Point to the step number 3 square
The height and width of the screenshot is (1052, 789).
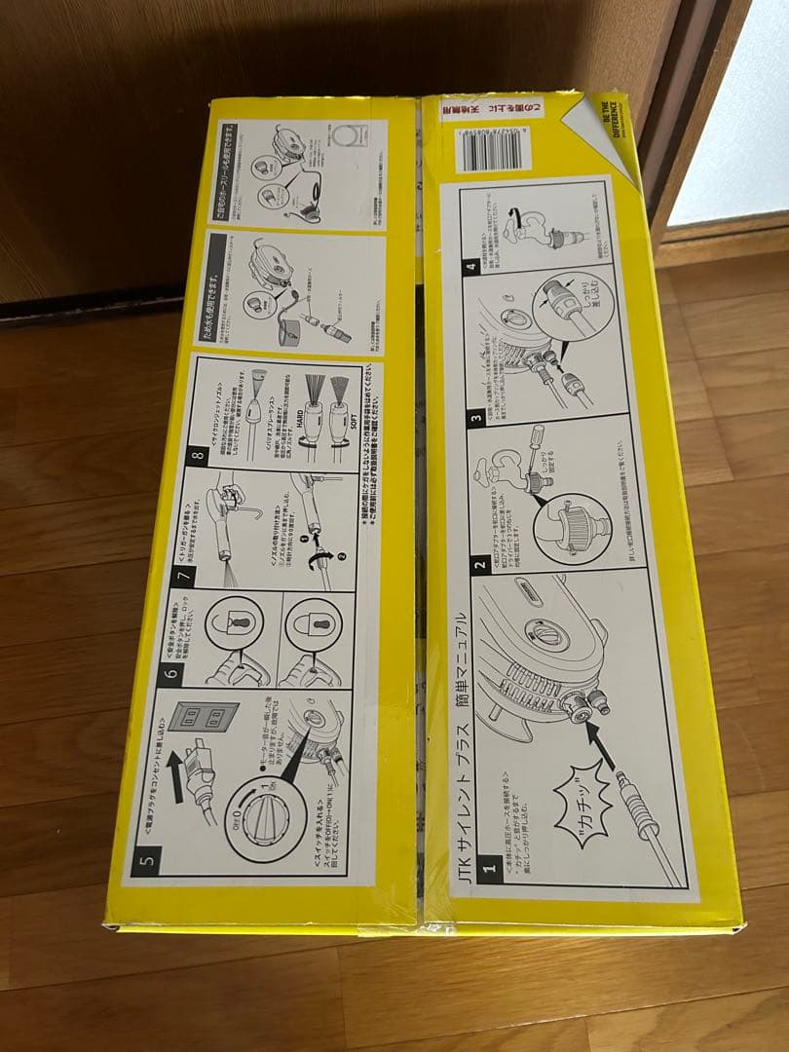point(474,418)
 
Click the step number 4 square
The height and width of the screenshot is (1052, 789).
point(471,260)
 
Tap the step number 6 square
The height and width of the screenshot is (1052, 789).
point(170,673)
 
